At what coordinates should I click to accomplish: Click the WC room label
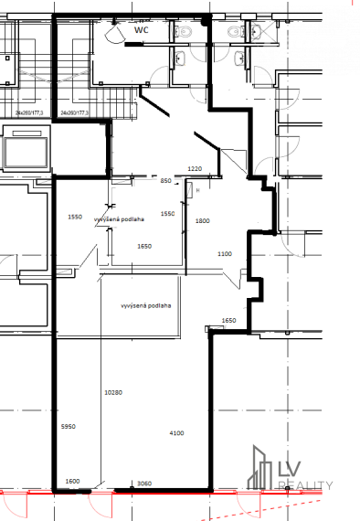tap(142, 30)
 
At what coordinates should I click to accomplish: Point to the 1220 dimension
tap(194, 169)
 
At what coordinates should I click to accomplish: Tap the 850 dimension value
tap(166, 182)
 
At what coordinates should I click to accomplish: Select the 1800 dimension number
tap(203, 221)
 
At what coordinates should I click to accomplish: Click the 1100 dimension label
tap(225, 254)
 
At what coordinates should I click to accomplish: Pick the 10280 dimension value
tap(113, 392)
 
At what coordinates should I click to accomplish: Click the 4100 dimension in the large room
tap(176, 432)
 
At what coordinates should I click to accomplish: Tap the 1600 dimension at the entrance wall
tap(72, 482)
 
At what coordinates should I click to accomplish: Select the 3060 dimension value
tap(143, 483)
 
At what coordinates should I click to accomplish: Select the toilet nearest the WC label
tap(181, 32)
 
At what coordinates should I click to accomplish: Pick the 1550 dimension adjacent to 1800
tap(167, 214)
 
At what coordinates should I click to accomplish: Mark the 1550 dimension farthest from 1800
tap(76, 217)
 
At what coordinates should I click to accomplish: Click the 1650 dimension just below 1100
tap(229, 321)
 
